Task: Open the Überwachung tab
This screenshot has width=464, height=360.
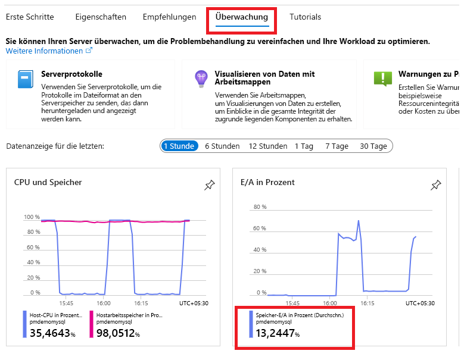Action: pyautogui.click(x=241, y=17)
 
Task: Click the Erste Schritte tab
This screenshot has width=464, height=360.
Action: pyautogui.click(x=30, y=17)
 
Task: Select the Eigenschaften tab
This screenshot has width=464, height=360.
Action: pyautogui.click(x=101, y=17)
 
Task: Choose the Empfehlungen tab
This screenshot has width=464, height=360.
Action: pyautogui.click(x=169, y=17)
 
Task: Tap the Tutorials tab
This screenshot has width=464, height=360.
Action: pyautogui.click(x=305, y=17)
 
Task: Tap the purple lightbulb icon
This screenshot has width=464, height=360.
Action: pyautogui.click(x=201, y=79)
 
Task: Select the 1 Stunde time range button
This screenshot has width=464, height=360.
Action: pyautogui.click(x=179, y=146)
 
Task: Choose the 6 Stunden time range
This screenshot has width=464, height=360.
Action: pyautogui.click(x=222, y=146)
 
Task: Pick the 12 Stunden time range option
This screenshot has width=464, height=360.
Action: pyautogui.click(x=268, y=146)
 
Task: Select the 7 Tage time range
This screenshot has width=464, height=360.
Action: pyautogui.click(x=337, y=146)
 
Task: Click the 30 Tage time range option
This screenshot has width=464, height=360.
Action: pyautogui.click(x=373, y=146)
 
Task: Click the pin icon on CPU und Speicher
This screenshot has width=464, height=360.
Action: pyautogui.click(x=209, y=186)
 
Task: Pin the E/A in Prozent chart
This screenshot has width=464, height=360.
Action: pyautogui.click(x=436, y=186)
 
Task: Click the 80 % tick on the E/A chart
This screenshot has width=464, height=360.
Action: pyautogui.click(x=260, y=207)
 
